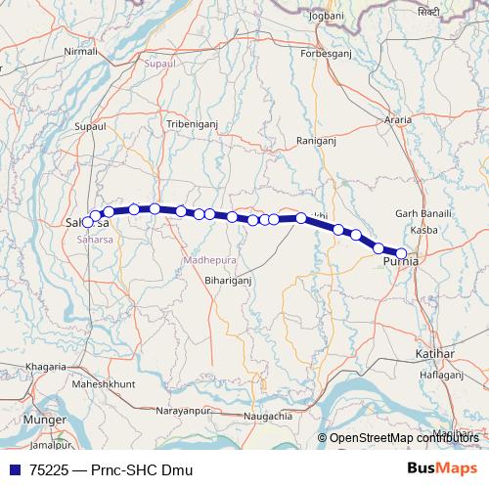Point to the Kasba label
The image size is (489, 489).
tap(424, 230)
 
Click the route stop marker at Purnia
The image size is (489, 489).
tap(401, 253)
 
